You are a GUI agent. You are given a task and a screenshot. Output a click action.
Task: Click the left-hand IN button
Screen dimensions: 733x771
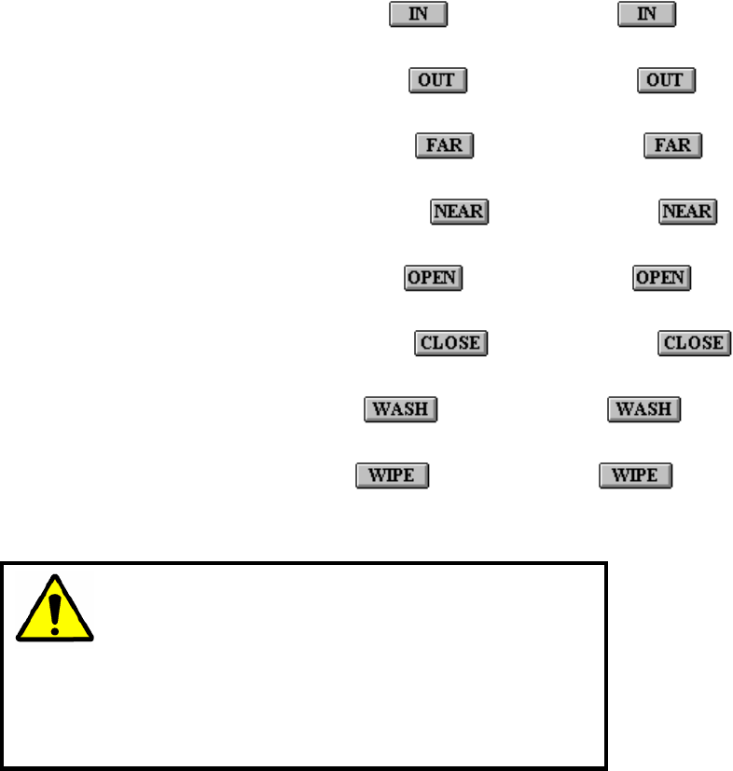pos(419,16)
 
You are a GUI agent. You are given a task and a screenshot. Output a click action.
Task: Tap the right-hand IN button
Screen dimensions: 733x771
pos(646,16)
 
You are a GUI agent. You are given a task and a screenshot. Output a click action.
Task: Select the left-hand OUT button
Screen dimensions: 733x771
pos(437,80)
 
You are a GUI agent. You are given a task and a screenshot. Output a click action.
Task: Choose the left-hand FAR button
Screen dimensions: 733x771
pos(445,145)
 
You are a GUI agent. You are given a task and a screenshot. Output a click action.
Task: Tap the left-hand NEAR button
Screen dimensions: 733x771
pos(459,212)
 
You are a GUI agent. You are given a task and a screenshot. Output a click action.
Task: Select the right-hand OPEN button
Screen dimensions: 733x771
pos(661,278)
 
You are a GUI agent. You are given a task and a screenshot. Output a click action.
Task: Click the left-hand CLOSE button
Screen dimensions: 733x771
pos(451,342)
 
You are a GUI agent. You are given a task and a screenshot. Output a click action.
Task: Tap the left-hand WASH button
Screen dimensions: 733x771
pos(400,408)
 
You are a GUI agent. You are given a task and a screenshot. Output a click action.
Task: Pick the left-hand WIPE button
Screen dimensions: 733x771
pos(391,475)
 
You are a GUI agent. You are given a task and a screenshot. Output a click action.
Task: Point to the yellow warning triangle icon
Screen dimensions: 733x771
pos(55,610)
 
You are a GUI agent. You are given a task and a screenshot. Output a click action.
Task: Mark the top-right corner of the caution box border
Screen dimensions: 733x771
pos(605,564)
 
